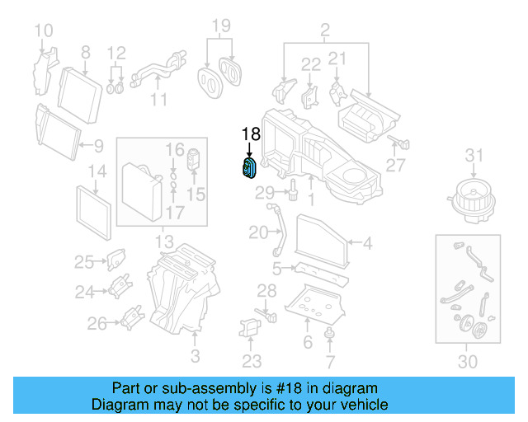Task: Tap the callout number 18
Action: pos(250,134)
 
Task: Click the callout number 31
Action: pos(472,155)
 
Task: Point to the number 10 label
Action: pos(44,32)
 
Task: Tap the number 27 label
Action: pos(396,166)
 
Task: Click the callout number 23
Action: pos(252,360)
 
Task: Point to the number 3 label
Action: pos(195,356)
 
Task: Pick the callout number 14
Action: pos(97,171)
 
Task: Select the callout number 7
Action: pos(330,361)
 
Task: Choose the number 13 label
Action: pos(163,242)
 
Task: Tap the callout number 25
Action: pos(84,262)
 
